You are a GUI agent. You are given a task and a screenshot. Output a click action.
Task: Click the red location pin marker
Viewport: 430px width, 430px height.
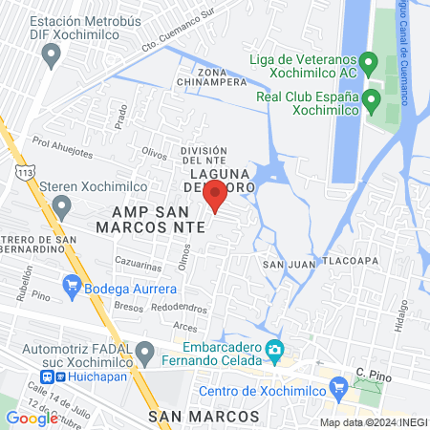(x=215, y=195)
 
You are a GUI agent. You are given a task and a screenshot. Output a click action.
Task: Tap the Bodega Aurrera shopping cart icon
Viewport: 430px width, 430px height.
(x=71, y=285)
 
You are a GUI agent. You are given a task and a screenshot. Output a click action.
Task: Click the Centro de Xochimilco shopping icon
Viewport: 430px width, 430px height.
(x=336, y=386)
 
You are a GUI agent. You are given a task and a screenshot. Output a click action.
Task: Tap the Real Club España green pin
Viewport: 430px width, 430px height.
(x=372, y=101)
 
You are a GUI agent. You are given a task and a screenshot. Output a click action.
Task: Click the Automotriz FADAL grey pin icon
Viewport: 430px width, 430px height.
(x=145, y=353)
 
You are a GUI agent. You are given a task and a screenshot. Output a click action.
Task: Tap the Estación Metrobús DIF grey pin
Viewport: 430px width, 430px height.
(x=51, y=54)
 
